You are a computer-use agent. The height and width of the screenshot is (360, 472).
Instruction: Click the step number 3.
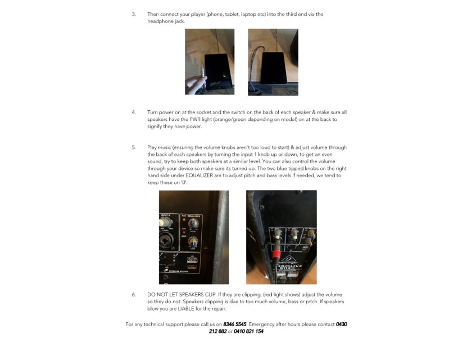(134, 14)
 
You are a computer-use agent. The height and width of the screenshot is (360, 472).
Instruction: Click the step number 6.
(134, 294)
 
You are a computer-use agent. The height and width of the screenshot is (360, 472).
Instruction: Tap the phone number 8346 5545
(234, 324)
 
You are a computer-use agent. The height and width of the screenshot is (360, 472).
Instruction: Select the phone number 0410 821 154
(248, 331)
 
